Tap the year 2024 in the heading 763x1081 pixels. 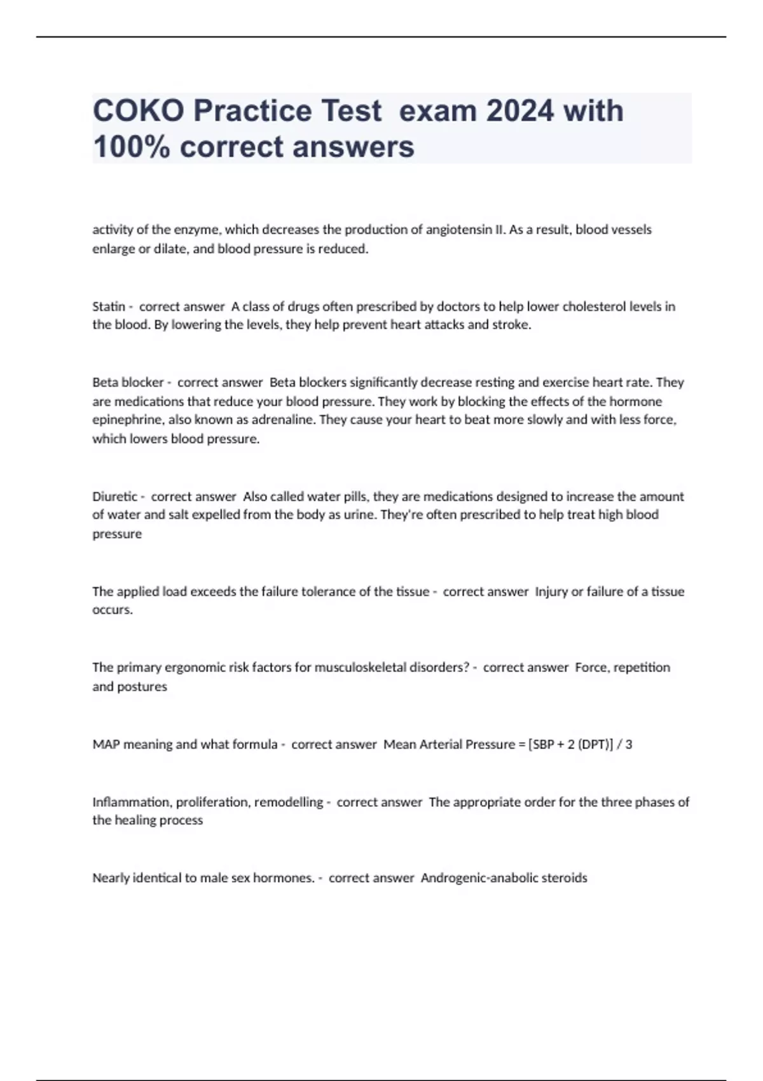click(x=519, y=111)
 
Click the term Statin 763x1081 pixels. click(x=109, y=306)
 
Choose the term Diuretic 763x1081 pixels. click(x=115, y=497)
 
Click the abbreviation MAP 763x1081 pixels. click(x=106, y=744)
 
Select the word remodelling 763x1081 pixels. click(x=289, y=802)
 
